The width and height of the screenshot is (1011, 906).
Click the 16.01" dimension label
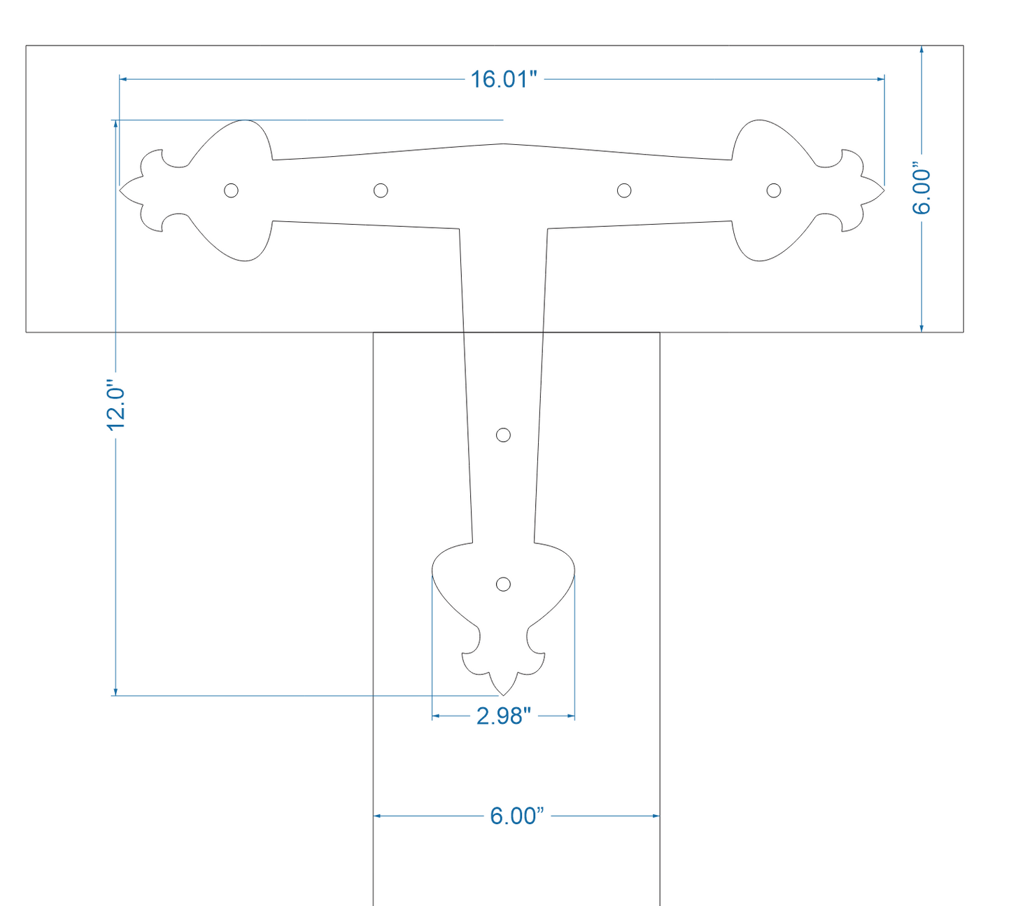503,79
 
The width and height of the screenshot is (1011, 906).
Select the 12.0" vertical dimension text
115,407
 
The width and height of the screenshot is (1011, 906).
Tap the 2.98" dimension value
503,716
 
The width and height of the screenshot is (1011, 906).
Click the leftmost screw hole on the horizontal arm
231,190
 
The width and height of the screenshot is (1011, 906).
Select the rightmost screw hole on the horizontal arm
774,190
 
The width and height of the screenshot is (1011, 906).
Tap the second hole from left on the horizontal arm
380,190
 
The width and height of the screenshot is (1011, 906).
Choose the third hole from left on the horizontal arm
624,190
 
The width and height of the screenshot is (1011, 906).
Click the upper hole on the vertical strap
503,435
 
